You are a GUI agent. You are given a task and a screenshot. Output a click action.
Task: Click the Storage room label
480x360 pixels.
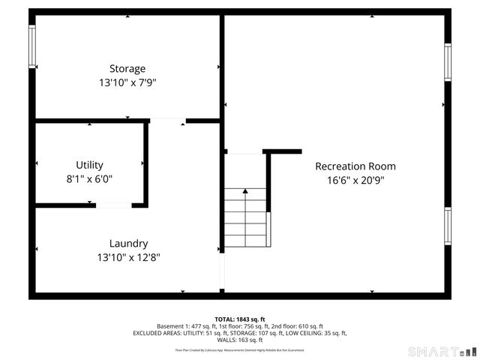[x=127, y=69]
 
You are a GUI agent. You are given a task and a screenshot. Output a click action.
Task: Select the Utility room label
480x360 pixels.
[x=89, y=165]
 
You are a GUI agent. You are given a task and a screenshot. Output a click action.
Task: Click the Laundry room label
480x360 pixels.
[x=128, y=243]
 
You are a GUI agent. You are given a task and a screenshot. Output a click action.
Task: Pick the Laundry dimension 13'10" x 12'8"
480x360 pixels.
[x=128, y=256]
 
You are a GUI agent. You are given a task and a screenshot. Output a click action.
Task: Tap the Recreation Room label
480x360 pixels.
[x=355, y=166]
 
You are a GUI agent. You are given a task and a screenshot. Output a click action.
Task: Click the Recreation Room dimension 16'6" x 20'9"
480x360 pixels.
[x=355, y=180]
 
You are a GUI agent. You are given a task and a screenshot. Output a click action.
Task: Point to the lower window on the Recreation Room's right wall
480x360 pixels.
[x=448, y=226]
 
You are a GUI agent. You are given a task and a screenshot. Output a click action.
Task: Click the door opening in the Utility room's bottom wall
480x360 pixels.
[x=112, y=205]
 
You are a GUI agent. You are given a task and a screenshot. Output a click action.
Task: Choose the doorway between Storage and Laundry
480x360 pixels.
[x=167, y=120]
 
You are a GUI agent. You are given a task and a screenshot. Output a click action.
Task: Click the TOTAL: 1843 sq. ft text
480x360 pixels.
[x=240, y=319]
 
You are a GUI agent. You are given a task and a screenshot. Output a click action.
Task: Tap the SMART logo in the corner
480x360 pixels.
[x=442, y=351]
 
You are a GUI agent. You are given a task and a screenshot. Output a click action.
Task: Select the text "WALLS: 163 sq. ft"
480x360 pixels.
[x=240, y=340]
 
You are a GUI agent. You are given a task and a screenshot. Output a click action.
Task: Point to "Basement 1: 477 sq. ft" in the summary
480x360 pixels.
[x=184, y=326]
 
